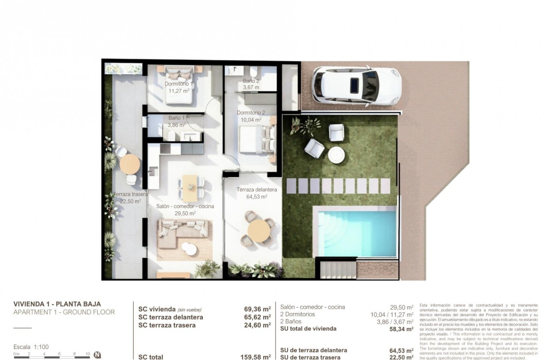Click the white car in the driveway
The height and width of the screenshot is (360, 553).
356,84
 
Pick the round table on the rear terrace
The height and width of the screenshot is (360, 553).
129,164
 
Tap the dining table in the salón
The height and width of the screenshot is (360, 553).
191,188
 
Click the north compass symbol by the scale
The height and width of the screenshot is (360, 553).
97,355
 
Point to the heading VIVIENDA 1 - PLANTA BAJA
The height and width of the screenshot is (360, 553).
57,304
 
